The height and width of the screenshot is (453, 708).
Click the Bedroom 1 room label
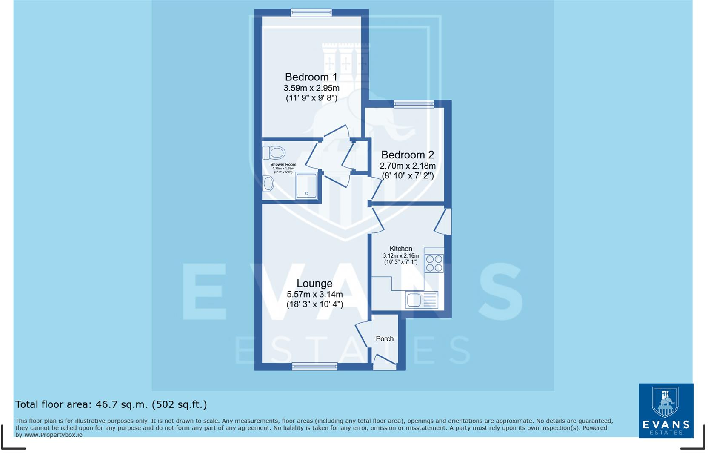(311, 77)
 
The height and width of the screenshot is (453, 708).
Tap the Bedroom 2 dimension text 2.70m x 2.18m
(408, 166)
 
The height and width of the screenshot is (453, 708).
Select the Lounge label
(314, 284)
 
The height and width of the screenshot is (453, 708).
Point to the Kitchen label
(401, 249)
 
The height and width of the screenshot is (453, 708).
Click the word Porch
(385, 339)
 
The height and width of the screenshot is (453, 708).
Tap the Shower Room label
(283, 164)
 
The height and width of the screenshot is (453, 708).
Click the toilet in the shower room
(274, 152)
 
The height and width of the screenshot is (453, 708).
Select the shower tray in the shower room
(306, 185)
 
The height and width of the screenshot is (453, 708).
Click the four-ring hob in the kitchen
(434, 263)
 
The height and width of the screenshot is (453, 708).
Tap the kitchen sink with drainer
(422, 300)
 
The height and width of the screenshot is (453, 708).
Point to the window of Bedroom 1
(311, 13)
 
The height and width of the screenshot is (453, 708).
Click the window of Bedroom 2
(413, 104)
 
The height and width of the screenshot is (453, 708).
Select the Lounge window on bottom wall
(314, 366)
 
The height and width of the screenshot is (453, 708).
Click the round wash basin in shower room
(268, 183)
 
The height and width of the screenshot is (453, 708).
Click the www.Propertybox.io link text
(53, 435)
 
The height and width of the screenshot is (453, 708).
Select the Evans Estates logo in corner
(666, 410)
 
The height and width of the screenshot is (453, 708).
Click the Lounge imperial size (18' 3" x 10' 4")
(314, 304)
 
